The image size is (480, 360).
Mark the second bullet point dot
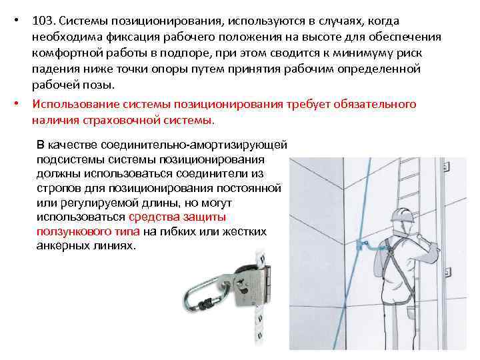click(21, 105)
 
